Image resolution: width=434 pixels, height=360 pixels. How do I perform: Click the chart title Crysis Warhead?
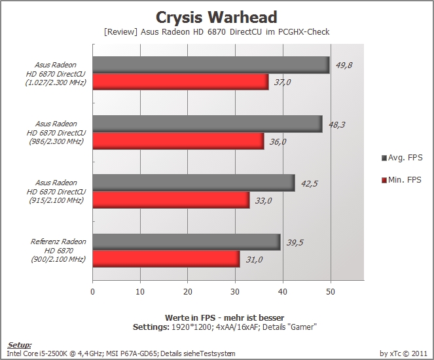point(217,17)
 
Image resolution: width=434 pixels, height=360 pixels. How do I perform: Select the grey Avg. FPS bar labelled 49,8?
point(211,65)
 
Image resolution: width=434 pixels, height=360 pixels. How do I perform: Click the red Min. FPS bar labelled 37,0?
point(181,82)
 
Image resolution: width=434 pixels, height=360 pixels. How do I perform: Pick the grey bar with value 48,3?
point(208,124)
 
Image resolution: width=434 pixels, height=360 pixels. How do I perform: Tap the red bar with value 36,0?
point(179,141)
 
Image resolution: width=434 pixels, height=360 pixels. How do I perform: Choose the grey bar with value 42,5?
point(194,183)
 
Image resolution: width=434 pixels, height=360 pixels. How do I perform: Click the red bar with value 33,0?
point(172,200)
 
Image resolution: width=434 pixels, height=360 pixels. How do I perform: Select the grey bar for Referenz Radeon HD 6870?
point(187,242)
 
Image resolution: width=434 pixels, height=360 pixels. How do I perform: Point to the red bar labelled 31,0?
point(166,259)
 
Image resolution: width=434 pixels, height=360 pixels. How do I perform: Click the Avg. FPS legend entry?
point(402,158)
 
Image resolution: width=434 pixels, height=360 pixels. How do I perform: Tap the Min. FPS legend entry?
point(401,180)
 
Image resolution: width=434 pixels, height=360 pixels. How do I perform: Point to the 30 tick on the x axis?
point(235,292)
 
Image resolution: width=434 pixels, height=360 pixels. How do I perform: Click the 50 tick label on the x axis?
point(331,292)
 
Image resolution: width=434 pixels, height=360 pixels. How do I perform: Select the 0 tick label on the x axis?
point(92,292)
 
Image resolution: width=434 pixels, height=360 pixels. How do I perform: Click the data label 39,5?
point(295,243)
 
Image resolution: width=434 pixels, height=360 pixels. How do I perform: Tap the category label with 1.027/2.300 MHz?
point(56,73)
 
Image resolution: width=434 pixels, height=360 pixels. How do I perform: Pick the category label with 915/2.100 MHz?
point(56,192)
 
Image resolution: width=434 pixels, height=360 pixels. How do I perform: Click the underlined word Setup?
point(19,345)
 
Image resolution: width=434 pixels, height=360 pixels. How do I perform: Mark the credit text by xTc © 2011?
point(403,353)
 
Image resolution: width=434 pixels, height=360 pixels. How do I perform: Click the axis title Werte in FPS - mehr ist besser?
point(225,317)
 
